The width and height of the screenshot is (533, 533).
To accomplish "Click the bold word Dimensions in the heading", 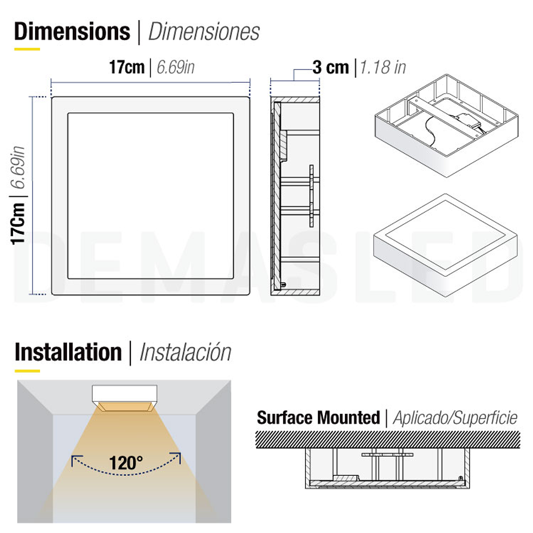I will (x=72, y=32).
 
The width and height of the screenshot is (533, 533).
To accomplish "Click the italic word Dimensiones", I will (x=204, y=32).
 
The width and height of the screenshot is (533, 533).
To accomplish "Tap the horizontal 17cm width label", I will (x=127, y=68).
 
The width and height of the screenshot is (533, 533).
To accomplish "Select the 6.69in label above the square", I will (x=176, y=68).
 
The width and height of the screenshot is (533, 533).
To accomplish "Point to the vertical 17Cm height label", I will (x=18, y=223).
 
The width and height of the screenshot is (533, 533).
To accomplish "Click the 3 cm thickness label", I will (x=330, y=68).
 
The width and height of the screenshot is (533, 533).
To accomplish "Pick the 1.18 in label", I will (x=382, y=68).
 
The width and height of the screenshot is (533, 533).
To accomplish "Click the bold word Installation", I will (x=68, y=352).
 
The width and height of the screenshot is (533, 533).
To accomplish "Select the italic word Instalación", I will (x=185, y=353).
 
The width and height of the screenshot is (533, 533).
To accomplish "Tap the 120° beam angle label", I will (x=126, y=463).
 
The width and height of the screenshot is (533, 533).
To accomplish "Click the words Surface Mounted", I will (x=318, y=418).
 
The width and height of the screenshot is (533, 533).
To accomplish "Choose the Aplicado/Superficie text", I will (x=455, y=418).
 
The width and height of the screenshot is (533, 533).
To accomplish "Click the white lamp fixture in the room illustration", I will (x=124, y=394).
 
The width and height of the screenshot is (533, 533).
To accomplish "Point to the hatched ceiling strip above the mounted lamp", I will (x=387, y=439).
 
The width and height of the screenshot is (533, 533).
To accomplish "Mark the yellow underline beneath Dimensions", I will (x=27, y=49).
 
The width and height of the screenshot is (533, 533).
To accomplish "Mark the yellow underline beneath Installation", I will (x=27, y=370).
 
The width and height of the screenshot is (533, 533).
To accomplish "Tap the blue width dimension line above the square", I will (x=150, y=82).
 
